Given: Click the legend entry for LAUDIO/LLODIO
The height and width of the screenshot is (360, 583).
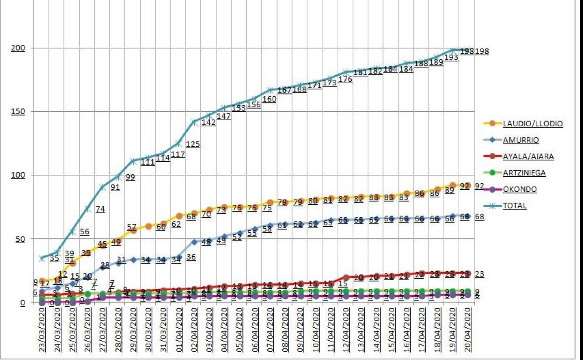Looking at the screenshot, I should (x=533, y=124).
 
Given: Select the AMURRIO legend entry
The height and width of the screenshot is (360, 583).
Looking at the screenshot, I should (x=520, y=140).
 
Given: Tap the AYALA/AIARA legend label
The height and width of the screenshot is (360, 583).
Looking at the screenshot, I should (x=528, y=157).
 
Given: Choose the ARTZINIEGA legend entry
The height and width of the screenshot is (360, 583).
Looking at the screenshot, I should (x=524, y=173).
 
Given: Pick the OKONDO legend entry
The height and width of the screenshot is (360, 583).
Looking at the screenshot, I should (x=519, y=189).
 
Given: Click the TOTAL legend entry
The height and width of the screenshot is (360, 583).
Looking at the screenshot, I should (x=514, y=206).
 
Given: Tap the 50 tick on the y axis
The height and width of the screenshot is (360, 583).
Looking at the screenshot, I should (x=19, y=239).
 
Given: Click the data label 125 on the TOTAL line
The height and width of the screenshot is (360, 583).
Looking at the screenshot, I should (x=193, y=144).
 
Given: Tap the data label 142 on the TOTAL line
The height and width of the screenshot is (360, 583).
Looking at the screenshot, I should (x=208, y=122).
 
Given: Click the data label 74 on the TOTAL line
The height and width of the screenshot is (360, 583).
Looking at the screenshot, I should (x=100, y=209).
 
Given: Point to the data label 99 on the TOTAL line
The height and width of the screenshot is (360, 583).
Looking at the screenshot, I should (x=130, y=177).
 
